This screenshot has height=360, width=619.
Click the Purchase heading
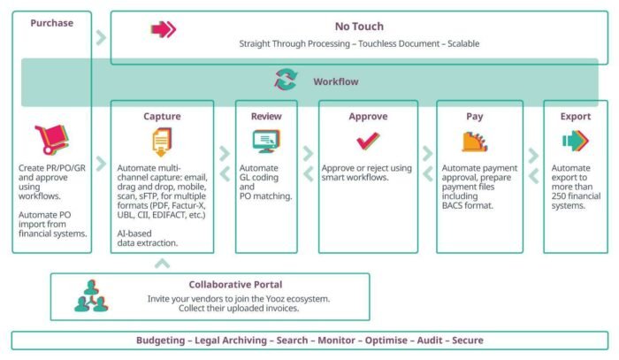[51, 23]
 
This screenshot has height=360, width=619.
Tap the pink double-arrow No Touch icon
[164, 29]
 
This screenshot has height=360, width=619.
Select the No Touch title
[359, 27]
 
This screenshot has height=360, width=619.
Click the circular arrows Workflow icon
[286, 80]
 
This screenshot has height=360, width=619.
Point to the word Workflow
[336, 81]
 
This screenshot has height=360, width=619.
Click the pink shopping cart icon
[51, 140]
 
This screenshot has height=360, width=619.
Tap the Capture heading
[162, 116]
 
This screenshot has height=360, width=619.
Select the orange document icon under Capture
[162, 142]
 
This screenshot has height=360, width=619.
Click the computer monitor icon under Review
[266, 141]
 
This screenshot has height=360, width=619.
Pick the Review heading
[266, 116]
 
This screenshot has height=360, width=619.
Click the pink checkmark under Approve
[368, 141]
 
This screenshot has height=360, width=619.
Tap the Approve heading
[368, 117]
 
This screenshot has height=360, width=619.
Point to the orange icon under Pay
[475, 142]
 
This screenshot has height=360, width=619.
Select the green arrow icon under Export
[576, 141]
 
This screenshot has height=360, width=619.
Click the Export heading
[576, 117]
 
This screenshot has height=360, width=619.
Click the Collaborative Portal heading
[235, 285]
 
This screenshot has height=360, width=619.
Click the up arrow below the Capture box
[162, 264]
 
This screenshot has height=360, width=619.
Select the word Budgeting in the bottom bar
[161, 341]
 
